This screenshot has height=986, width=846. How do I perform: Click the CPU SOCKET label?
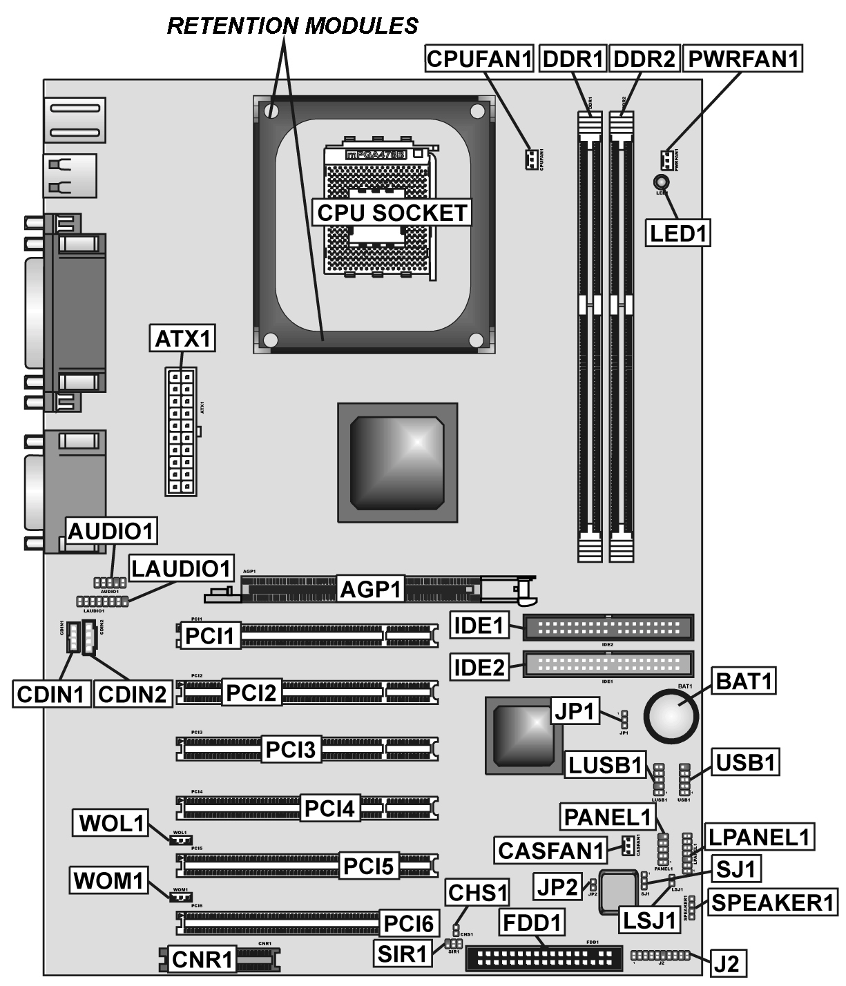click(x=392, y=213)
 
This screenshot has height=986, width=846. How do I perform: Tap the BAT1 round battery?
click(x=669, y=715)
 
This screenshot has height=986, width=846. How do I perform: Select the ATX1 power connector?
click(x=182, y=431)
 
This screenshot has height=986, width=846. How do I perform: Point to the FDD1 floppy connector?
click(x=544, y=958)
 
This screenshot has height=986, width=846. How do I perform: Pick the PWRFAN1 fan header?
click(x=666, y=160)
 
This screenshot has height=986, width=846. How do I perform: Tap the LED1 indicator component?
click(x=660, y=182)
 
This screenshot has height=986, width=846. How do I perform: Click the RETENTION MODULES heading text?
click(x=293, y=26)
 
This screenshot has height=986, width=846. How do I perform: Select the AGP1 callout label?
click(x=371, y=590)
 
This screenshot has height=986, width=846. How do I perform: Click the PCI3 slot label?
click(x=291, y=749)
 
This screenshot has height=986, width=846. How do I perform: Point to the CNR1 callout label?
click(x=202, y=959)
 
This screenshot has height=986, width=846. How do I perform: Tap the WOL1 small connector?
click(x=180, y=840)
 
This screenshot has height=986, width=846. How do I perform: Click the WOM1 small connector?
click(x=180, y=897)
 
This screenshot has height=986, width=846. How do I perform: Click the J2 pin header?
click(x=661, y=956)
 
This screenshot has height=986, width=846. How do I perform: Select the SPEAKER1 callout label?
click(x=773, y=902)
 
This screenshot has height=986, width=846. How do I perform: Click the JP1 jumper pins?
click(x=623, y=719)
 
